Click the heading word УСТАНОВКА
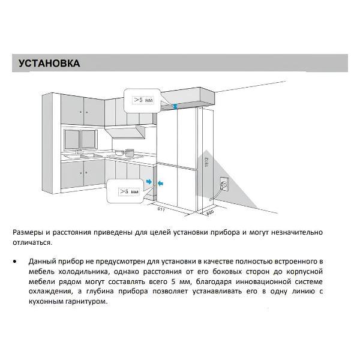[x=49, y=64]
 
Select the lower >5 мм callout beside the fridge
[x=126, y=191]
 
